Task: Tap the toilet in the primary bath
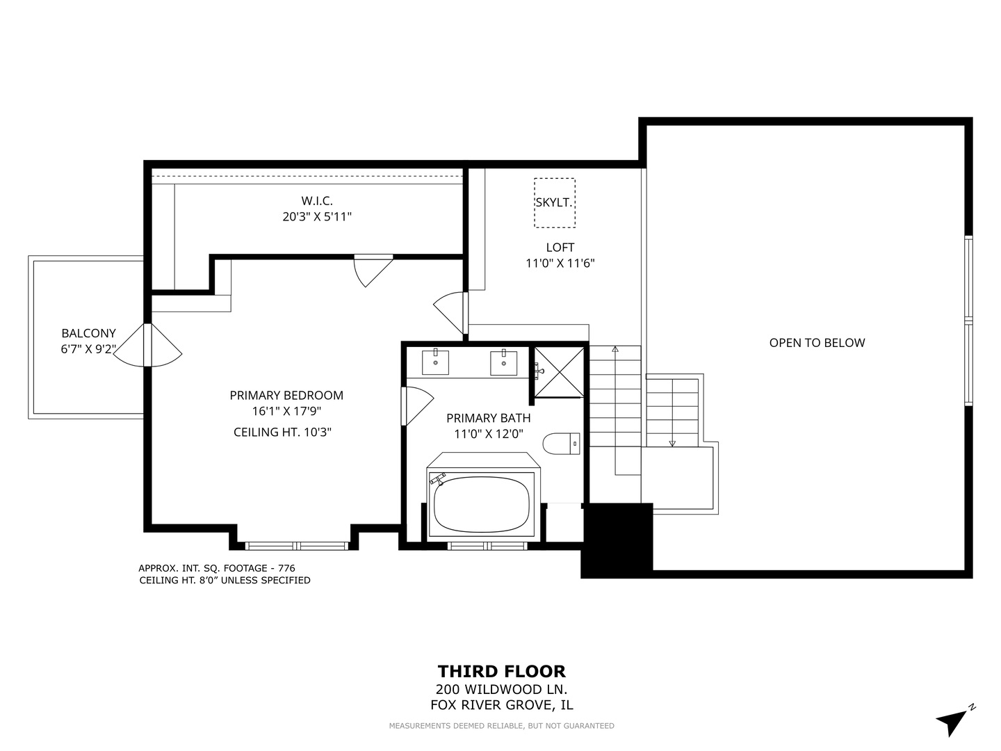point(561,443)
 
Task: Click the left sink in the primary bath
point(435,362)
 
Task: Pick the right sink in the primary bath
point(503,362)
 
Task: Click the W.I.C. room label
point(317,201)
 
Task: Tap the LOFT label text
point(560,248)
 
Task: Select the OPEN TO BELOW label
point(817,343)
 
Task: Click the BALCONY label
point(88,333)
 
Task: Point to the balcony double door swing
point(147,345)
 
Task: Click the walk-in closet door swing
point(374,271)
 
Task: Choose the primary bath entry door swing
point(417,406)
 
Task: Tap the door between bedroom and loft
point(450,313)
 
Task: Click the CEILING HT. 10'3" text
point(282,432)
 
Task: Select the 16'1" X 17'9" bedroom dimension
point(286,411)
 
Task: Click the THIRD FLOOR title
point(502,672)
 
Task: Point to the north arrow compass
point(954,722)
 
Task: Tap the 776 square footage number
point(286,568)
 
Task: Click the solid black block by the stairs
point(617,540)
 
